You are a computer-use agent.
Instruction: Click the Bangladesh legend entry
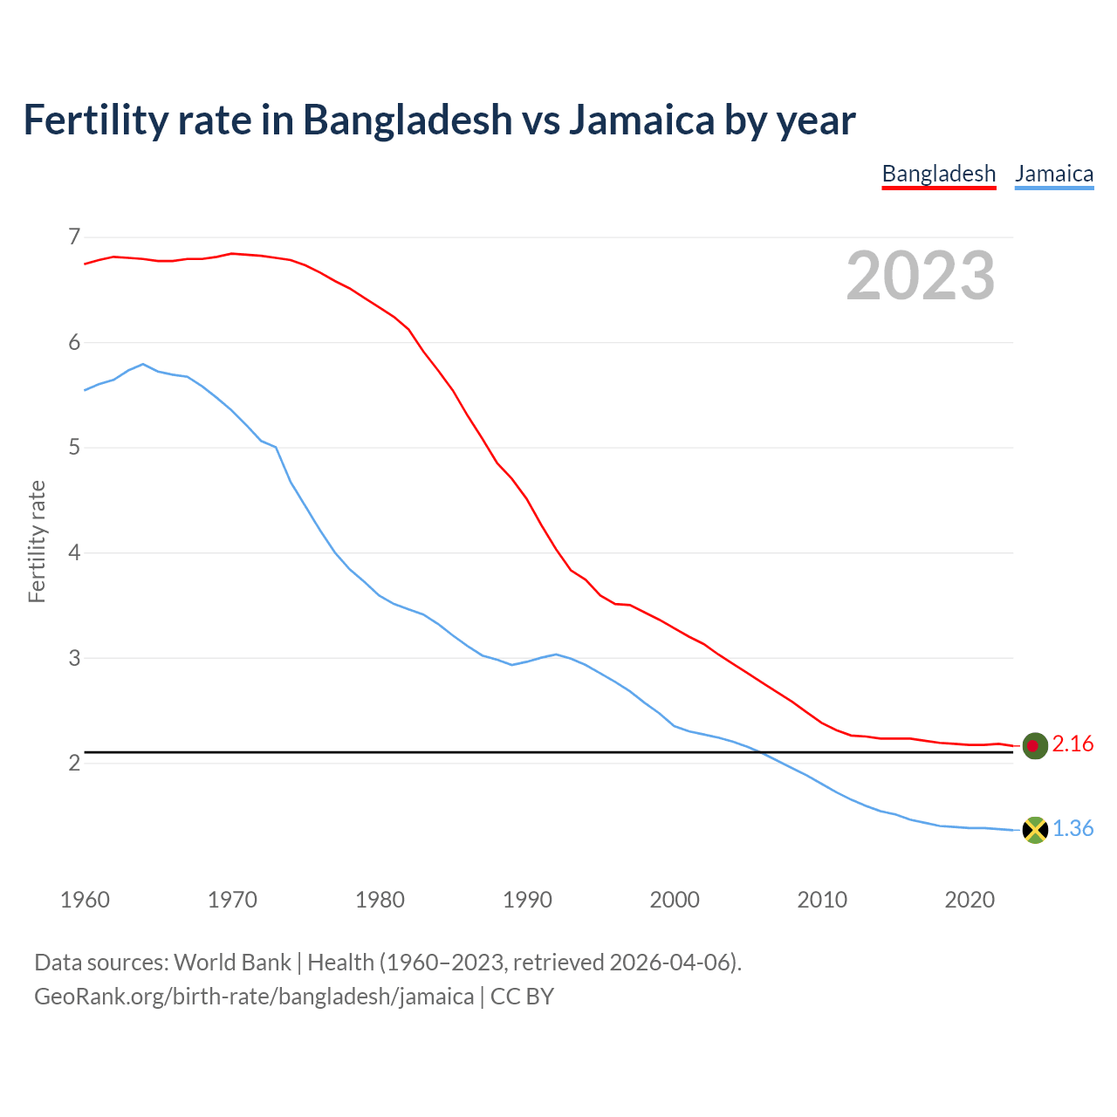[938, 174]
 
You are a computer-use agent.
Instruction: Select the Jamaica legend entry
[1054, 174]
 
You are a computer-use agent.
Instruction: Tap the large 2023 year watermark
[921, 276]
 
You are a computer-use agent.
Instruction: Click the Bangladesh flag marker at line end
[1034, 745]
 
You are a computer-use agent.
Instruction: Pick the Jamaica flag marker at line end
[1034, 830]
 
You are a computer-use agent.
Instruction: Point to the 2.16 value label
[1072, 744]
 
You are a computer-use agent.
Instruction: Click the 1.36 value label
[1072, 829]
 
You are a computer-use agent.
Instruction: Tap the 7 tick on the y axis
[73, 237]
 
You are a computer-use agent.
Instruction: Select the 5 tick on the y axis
[73, 448]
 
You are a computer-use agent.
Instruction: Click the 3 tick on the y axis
[73, 658]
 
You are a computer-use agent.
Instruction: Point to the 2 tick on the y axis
[73, 764]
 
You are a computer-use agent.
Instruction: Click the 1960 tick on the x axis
[85, 900]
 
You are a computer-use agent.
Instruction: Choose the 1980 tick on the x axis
[380, 900]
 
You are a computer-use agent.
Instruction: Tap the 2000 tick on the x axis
[675, 900]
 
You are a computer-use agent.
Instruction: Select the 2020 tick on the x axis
[970, 900]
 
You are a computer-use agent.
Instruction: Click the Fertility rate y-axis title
[37, 542]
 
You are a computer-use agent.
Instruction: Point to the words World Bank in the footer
[232, 963]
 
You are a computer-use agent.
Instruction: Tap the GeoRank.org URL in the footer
[253, 997]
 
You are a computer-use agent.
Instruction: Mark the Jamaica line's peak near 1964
[143, 364]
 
